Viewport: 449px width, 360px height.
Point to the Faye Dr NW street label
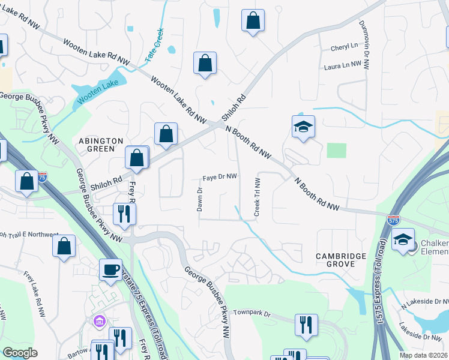tap(220, 177)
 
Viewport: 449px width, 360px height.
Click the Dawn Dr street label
tap(200, 200)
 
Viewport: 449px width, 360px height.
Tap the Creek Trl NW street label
tap(257, 197)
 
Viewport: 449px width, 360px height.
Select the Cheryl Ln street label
tap(344, 46)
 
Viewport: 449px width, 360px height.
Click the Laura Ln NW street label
tap(343, 64)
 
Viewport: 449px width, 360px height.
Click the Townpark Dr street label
tap(253, 313)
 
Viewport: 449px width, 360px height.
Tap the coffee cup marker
tap(110, 269)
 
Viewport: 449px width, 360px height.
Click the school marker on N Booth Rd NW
tap(303, 127)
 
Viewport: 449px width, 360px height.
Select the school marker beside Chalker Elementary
tap(403, 241)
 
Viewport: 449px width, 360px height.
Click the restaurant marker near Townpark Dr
tap(306, 325)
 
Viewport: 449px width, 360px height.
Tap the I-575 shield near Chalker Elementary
tap(393, 220)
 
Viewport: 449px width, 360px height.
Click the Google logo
tap(20, 353)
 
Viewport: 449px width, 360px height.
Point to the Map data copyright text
tap(424, 355)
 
